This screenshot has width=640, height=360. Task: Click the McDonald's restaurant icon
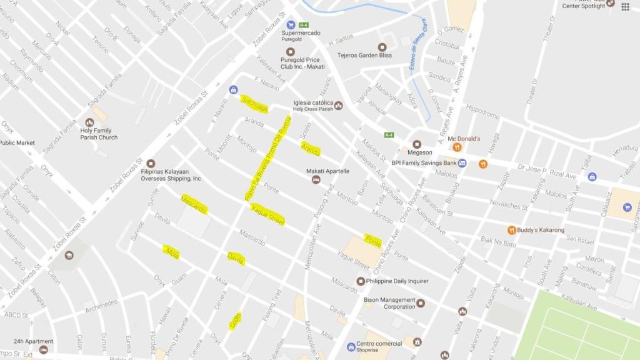(x=457, y=147)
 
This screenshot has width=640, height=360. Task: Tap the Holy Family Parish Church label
(x=99, y=134)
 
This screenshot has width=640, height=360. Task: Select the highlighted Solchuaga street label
(x=255, y=104)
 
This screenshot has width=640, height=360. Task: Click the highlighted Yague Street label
(x=267, y=214)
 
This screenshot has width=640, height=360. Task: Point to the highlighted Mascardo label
(x=193, y=204)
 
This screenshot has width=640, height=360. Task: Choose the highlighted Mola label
(x=172, y=252)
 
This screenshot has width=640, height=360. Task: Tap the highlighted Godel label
(x=235, y=321)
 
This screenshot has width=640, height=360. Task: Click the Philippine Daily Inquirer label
(x=397, y=281)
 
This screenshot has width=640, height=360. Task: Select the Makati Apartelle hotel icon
(x=316, y=180)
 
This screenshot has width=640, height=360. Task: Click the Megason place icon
(x=417, y=144)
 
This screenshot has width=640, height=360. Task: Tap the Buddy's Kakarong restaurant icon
(x=511, y=230)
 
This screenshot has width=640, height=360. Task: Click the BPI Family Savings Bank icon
(x=462, y=163)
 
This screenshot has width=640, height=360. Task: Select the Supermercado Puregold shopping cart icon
(x=291, y=25)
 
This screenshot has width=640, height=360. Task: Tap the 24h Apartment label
(x=33, y=342)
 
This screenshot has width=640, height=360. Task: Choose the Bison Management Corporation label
(x=390, y=303)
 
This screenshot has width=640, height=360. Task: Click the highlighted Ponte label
(x=373, y=241)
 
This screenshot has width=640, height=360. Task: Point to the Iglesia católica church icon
(x=338, y=105)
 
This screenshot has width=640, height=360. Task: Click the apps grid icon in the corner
(x=626, y=6)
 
